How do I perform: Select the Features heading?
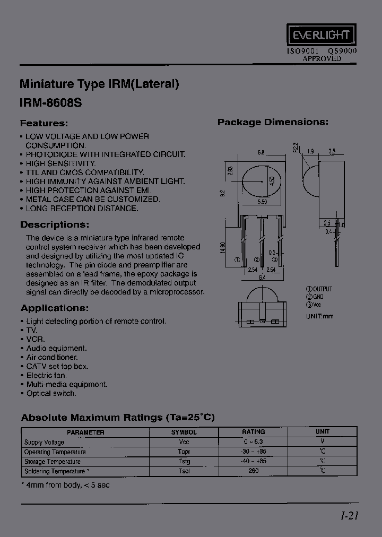pyautogui.click(x=44, y=123)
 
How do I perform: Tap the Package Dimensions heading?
pyautogui.click(x=273, y=122)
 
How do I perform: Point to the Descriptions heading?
pyautogui.click(x=55, y=224)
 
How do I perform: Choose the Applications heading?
pyautogui.click(x=55, y=308)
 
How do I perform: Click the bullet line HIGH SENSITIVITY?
pyautogui.click(x=60, y=163)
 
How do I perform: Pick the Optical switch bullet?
pyautogui.click(x=51, y=393)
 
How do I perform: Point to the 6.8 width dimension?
pyautogui.click(x=261, y=152)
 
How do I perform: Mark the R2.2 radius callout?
pyautogui.click(x=296, y=146)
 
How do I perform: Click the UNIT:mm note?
pyautogui.click(x=320, y=316)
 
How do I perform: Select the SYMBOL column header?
pyautogui.click(x=184, y=432)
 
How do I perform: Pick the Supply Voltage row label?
pyautogui.click(x=44, y=442)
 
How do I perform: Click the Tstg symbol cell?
pyautogui.click(x=184, y=461)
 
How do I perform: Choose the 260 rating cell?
pyautogui.click(x=254, y=471)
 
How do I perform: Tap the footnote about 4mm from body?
pyautogui.click(x=65, y=485)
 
